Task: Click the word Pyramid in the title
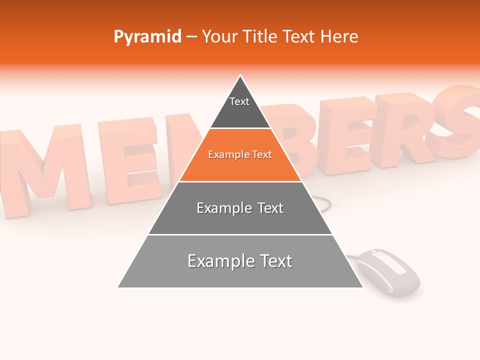[x=147, y=37]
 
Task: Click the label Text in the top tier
[x=239, y=101]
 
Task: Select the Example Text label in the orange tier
[x=240, y=154]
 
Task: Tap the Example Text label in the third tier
[x=240, y=208]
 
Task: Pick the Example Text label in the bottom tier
[x=240, y=261]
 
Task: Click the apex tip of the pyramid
[x=240, y=76]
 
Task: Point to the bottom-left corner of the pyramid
[x=118, y=287]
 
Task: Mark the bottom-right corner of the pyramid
[x=362, y=287]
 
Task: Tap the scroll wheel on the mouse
[x=387, y=263]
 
